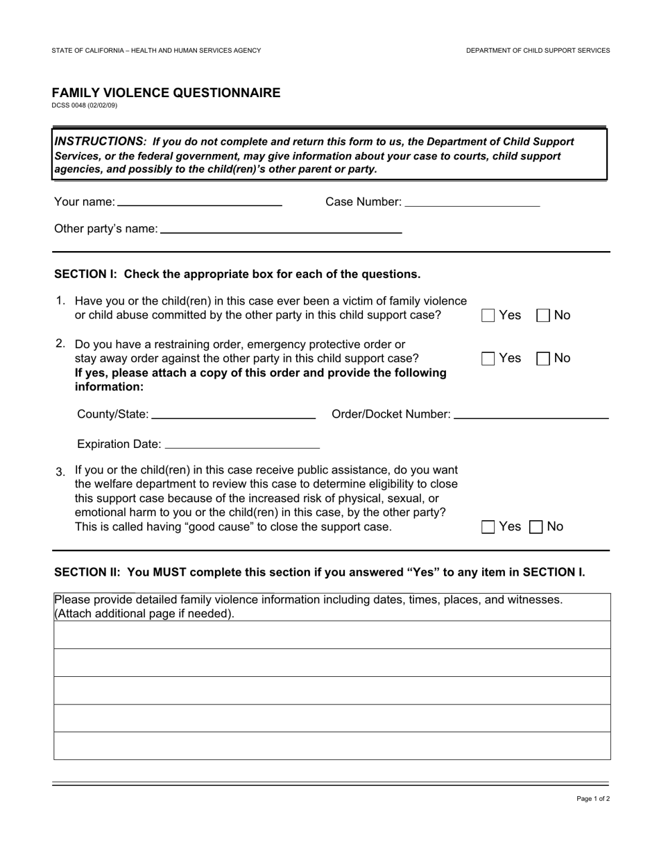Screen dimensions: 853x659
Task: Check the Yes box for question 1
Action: pyautogui.click(x=488, y=316)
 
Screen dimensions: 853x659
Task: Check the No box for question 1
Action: pyautogui.click(x=544, y=316)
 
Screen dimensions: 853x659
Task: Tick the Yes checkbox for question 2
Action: pyautogui.click(x=488, y=359)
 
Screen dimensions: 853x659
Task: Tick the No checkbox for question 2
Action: pyautogui.click(x=544, y=359)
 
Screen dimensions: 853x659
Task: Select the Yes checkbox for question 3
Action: pyautogui.click(x=488, y=527)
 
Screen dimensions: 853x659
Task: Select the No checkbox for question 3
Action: pyautogui.click(x=536, y=527)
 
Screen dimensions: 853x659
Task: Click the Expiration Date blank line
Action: pyautogui.click(x=242, y=444)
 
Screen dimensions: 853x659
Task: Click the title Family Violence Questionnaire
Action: pyautogui.click(x=166, y=93)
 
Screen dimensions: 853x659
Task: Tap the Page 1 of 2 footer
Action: pyautogui.click(x=593, y=799)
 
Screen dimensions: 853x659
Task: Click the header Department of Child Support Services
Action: pyautogui.click(x=538, y=51)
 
